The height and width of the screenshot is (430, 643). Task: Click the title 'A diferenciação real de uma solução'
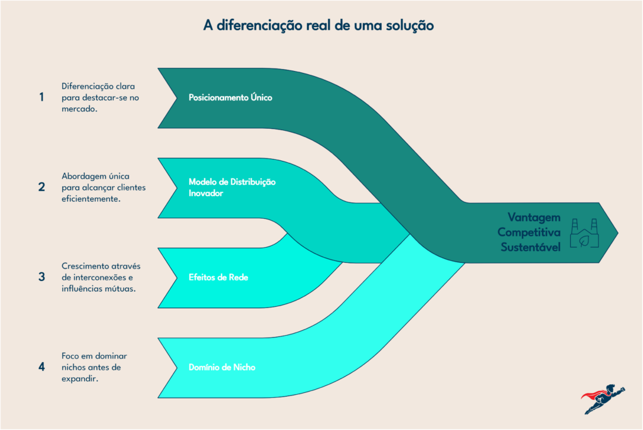click(x=318, y=26)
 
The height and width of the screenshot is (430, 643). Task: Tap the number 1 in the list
click(x=41, y=97)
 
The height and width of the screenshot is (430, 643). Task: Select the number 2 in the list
click(x=41, y=187)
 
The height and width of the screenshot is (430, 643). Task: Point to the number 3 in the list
click(x=41, y=277)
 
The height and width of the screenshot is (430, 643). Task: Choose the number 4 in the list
click(x=41, y=367)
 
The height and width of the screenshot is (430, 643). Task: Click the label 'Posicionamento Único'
click(x=230, y=97)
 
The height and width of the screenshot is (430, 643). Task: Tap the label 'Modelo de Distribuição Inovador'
click(x=232, y=187)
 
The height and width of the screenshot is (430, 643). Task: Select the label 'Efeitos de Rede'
click(x=219, y=277)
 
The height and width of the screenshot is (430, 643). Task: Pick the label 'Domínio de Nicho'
click(x=222, y=367)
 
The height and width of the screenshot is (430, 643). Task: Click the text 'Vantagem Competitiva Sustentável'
click(x=529, y=232)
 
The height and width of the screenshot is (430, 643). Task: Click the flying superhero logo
click(x=603, y=399)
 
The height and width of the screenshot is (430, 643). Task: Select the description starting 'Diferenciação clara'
click(x=100, y=97)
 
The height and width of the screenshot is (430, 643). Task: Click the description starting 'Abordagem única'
click(x=104, y=187)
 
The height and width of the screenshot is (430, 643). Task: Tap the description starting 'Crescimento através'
click(x=101, y=277)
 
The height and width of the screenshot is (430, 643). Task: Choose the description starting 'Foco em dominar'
click(x=94, y=367)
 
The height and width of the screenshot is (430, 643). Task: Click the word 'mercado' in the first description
click(x=78, y=109)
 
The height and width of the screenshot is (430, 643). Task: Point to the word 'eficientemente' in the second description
click(x=90, y=199)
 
